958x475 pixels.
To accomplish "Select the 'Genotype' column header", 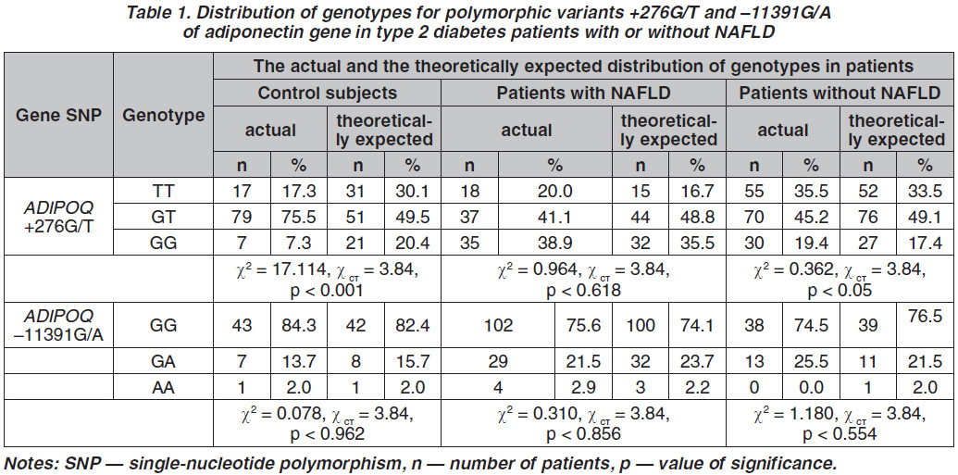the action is pos(163,115).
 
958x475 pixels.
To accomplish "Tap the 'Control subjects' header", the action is pos(327,93).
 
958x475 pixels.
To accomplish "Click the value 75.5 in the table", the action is pos(298,217).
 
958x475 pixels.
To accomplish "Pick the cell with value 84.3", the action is pos(298,326).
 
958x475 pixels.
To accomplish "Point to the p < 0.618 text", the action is pos(583,291).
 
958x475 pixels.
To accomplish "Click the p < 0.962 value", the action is pos(327,434).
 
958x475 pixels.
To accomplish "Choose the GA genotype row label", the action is pos(163,362).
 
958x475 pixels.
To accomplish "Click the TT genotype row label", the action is pos(163,192).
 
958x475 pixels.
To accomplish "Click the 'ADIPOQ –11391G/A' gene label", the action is pos(58,326).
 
